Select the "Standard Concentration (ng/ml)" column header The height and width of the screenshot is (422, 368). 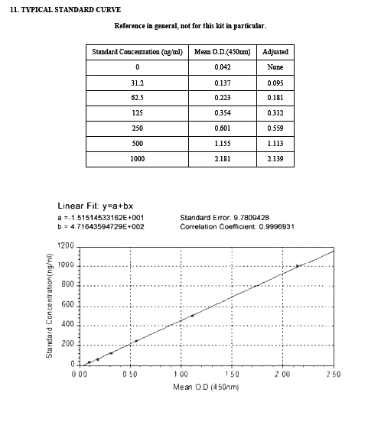tap(137, 52)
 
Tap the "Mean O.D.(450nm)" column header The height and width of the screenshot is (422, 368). tap(222, 52)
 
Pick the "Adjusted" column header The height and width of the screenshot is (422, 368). tap(275, 52)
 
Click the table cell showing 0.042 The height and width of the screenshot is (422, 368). tap(222, 67)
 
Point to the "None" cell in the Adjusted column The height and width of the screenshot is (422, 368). tap(275, 67)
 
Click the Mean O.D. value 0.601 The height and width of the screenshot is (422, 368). tap(222, 128)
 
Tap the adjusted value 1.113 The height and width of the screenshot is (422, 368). tap(275, 144)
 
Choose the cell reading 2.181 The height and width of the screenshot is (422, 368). tap(222, 159)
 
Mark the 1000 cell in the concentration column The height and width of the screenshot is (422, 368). tap(137, 159)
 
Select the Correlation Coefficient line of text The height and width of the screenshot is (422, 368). tap(236, 226)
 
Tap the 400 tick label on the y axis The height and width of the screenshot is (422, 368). tap(68, 325)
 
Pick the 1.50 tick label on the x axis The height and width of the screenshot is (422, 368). tap(231, 375)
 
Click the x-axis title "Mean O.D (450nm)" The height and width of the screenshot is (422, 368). tap(207, 387)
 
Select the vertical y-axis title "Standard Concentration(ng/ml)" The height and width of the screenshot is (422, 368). tap(49, 308)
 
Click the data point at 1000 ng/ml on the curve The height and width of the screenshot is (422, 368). tap(298, 266)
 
